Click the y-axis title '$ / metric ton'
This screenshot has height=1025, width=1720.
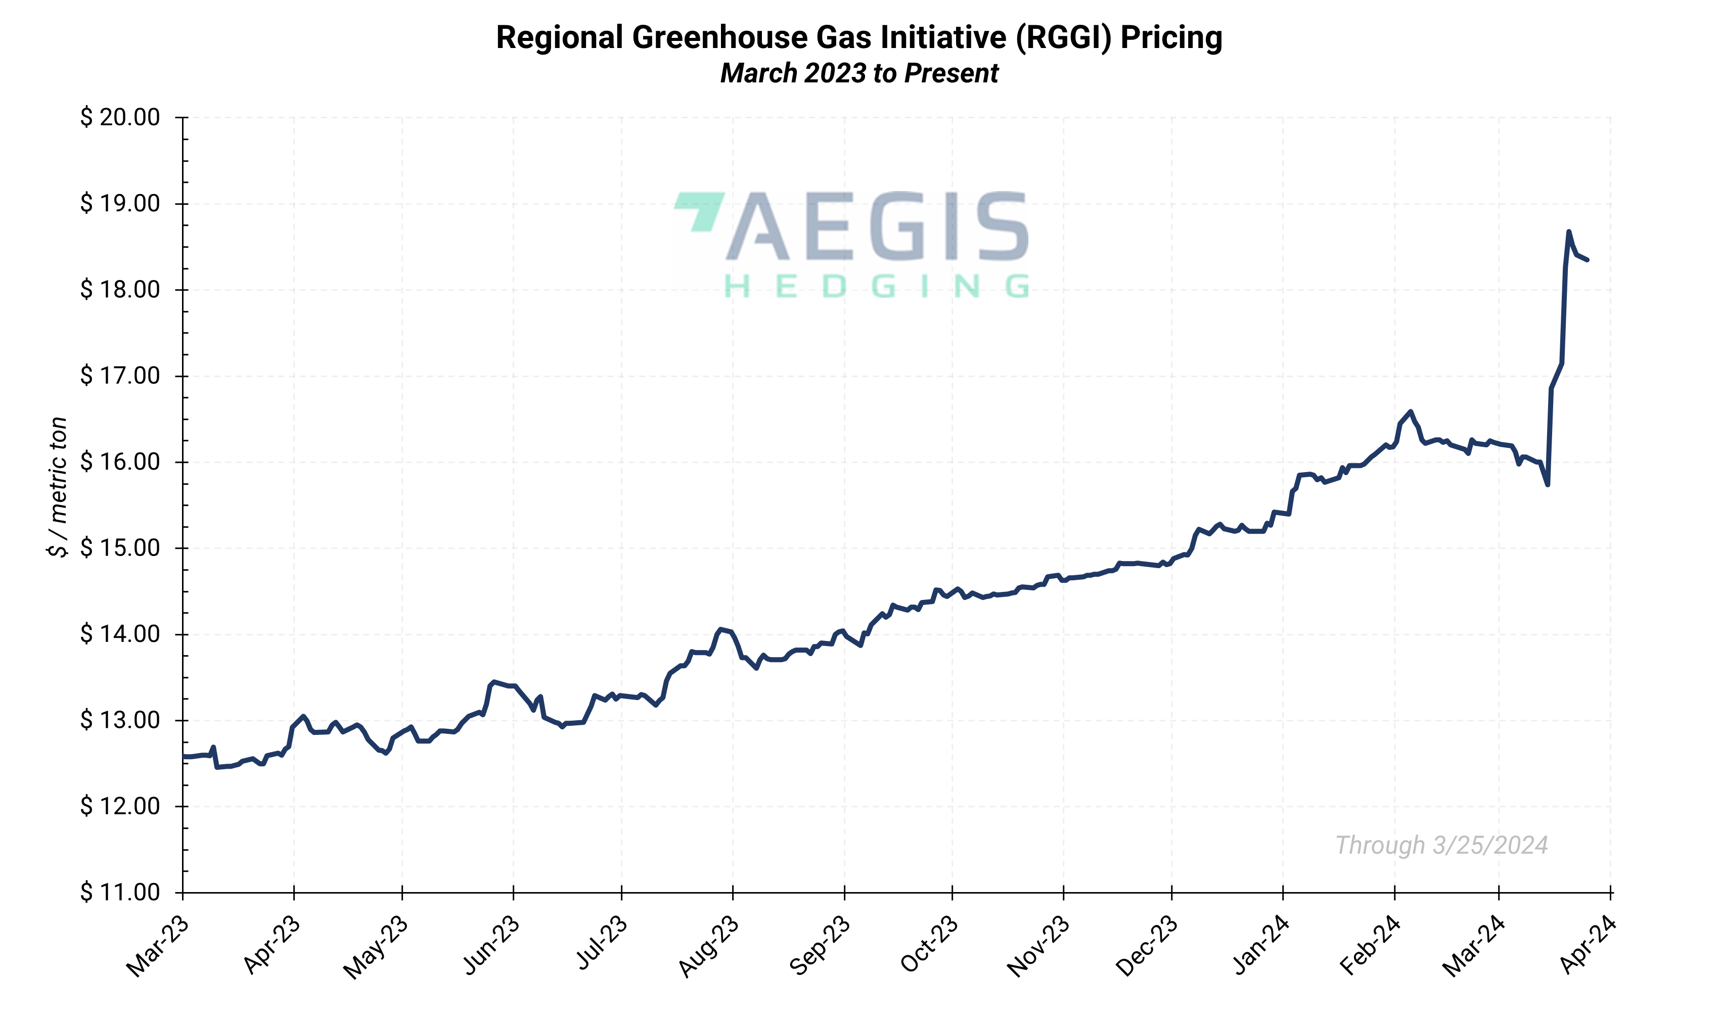tap(58, 487)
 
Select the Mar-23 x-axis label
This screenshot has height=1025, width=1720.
tap(158, 946)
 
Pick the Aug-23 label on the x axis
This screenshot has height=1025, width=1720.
tap(708, 946)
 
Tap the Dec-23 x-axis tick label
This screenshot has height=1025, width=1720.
tap(1147, 946)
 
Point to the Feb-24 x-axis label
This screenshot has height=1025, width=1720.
tap(1370, 946)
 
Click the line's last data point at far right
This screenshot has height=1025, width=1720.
tap(1588, 260)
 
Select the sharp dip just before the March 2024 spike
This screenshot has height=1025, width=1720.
tap(1548, 484)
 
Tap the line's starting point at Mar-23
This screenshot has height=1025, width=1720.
tap(184, 756)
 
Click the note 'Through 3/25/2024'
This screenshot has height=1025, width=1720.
tap(1441, 846)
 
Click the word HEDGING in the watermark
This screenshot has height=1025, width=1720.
tap(876, 287)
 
